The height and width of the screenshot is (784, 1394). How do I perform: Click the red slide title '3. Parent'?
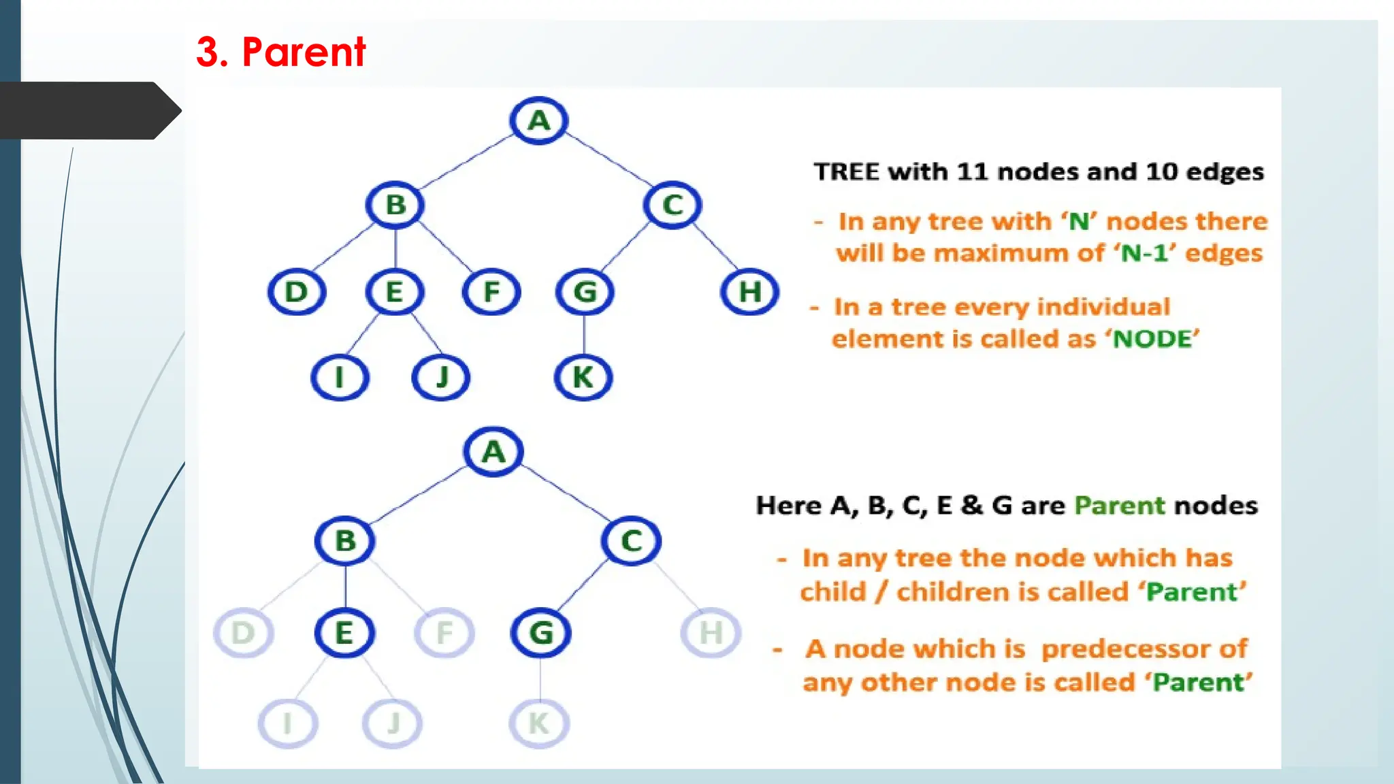point(280,52)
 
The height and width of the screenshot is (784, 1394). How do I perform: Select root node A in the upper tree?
point(538,120)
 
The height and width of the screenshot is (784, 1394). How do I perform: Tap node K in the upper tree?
point(583,377)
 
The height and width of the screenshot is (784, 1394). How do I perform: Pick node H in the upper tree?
point(749,292)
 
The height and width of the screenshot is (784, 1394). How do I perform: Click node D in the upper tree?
point(297,292)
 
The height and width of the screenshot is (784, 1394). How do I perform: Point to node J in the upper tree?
point(441,377)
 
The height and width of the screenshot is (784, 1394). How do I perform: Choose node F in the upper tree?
point(491,292)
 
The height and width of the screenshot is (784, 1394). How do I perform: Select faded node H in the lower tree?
point(711,633)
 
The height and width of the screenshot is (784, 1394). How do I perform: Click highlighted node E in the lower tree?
point(344,633)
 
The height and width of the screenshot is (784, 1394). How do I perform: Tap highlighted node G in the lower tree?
point(541,633)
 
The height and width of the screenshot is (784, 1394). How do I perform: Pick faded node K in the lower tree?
point(539,723)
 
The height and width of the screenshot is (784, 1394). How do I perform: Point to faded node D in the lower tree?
point(243,633)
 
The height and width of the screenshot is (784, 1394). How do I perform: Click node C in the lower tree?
point(631,541)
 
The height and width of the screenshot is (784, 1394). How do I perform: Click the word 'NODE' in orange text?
point(1155,339)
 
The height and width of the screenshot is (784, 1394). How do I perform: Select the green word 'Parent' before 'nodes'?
point(1120,506)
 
